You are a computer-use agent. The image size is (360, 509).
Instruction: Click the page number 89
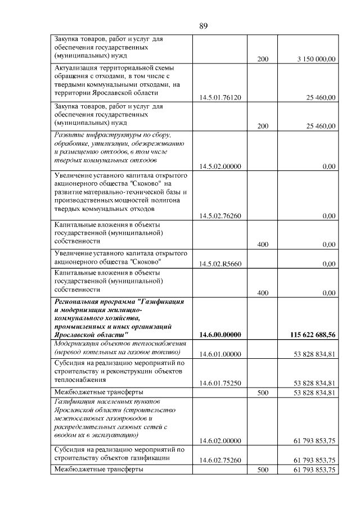pos(204,25)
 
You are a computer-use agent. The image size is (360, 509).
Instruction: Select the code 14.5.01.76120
pos(220,97)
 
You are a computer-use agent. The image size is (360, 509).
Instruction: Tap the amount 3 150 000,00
pos(314,59)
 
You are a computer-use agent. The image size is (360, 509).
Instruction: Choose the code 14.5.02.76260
pos(220,216)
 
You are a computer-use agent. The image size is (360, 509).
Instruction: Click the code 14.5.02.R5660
pos(220,264)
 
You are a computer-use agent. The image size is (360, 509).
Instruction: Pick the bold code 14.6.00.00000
pos(220,335)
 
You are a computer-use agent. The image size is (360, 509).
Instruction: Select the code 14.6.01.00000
pos(220,353)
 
